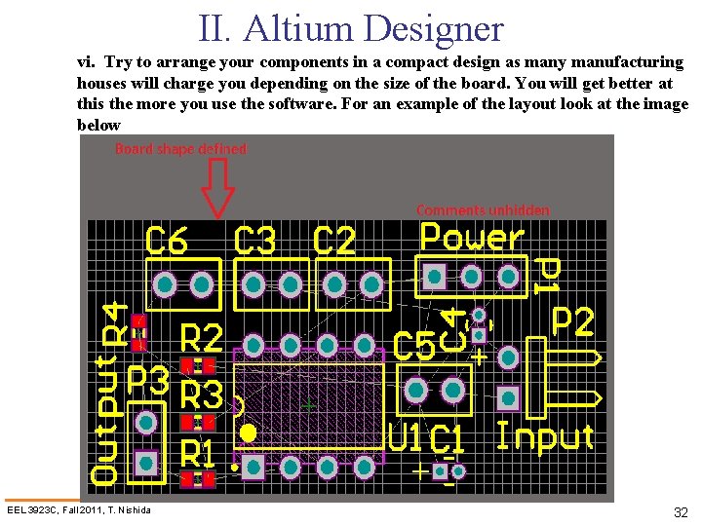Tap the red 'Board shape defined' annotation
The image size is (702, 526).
pyautogui.click(x=181, y=149)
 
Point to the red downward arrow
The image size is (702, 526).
pyautogui.click(x=217, y=188)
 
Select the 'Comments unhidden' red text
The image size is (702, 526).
pyautogui.click(x=483, y=209)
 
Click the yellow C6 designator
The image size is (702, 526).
pyautogui.click(x=167, y=242)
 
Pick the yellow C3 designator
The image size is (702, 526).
pyautogui.click(x=255, y=242)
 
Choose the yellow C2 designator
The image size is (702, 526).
pyautogui.click(x=335, y=242)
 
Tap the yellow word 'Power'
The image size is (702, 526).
pyautogui.click(x=472, y=238)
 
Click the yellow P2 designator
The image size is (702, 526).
pyautogui.click(x=573, y=321)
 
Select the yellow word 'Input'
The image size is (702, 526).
pyautogui.click(x=545, y=436)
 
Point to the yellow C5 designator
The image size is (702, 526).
pyautogui.click(x=414, y=347)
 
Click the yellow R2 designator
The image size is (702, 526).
pyautogui.click(x=203, y=338)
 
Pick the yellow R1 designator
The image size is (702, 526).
pyautogui.click(x=199, y=453)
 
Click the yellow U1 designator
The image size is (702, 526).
pyautogui.click(x=406, y=438)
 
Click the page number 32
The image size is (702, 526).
pyautogui.click(x=681, y=512)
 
